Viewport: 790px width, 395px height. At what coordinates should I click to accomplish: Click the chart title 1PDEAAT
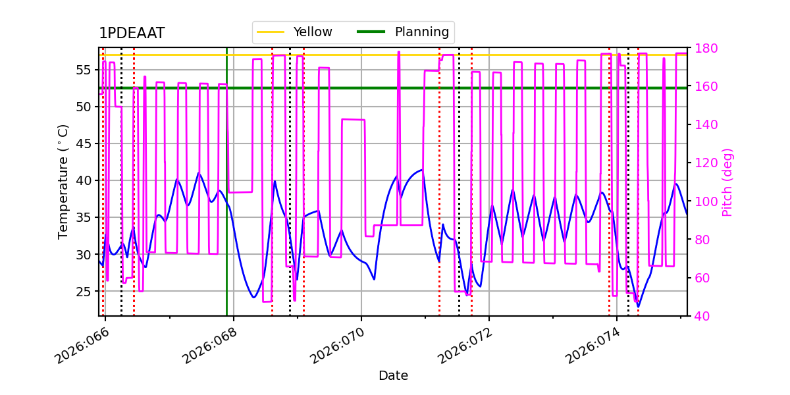click(132, 34)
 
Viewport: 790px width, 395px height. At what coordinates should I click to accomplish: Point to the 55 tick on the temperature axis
click(84, 70)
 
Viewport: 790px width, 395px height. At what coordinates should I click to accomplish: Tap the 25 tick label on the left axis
click(84, 291)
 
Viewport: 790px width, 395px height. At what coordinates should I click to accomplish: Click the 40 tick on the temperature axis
click(84, 180)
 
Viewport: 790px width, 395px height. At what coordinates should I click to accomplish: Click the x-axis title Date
click(393, 376)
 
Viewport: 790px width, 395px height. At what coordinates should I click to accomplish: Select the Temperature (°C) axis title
click(63, 181)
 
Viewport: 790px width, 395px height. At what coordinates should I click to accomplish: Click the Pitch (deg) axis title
click(727, 182)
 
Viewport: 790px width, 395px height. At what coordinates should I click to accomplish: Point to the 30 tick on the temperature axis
click(84, 254)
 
